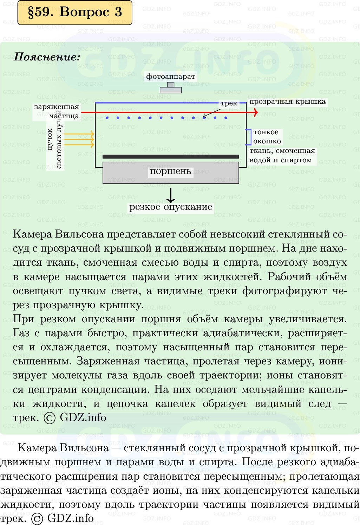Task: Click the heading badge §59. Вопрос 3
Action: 75,12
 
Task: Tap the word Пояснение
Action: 47,57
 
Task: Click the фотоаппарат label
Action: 170,77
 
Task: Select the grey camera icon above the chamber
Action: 171,87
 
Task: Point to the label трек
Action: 229,103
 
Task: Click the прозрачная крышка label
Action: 287,102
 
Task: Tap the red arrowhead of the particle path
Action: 256,112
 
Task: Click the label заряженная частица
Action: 57,111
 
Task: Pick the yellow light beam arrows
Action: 79,139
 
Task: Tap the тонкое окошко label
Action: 267,137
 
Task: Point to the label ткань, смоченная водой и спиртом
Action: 282,155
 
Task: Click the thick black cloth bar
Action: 171,157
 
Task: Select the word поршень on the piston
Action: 170,171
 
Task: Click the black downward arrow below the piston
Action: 171,195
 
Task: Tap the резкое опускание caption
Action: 171,207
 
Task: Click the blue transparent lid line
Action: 171,103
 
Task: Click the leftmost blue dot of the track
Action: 107,118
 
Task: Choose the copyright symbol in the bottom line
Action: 37,519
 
